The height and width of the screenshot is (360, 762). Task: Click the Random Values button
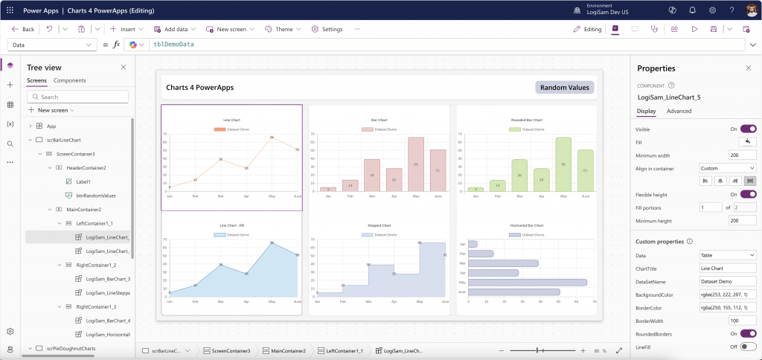coord(564,88)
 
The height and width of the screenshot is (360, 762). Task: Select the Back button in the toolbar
coord(24,29)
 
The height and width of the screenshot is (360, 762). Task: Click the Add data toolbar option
coord(175,29)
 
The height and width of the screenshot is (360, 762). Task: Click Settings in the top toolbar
coord(327,29)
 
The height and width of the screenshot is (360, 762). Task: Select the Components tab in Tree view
coord(69,80)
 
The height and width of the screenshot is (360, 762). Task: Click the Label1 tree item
coord(83,181)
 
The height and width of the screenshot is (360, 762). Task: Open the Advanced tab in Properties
coord(679,111)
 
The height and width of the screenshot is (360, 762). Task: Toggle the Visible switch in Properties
coord(748,129)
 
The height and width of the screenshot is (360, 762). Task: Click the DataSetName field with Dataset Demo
coord(727,282)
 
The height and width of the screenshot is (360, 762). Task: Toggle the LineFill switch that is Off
coord(748,346)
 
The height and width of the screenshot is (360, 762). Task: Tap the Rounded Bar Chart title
coord(527,120)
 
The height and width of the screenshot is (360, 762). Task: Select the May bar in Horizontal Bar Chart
coord(527,283)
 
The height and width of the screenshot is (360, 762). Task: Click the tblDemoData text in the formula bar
coord(173,45)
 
